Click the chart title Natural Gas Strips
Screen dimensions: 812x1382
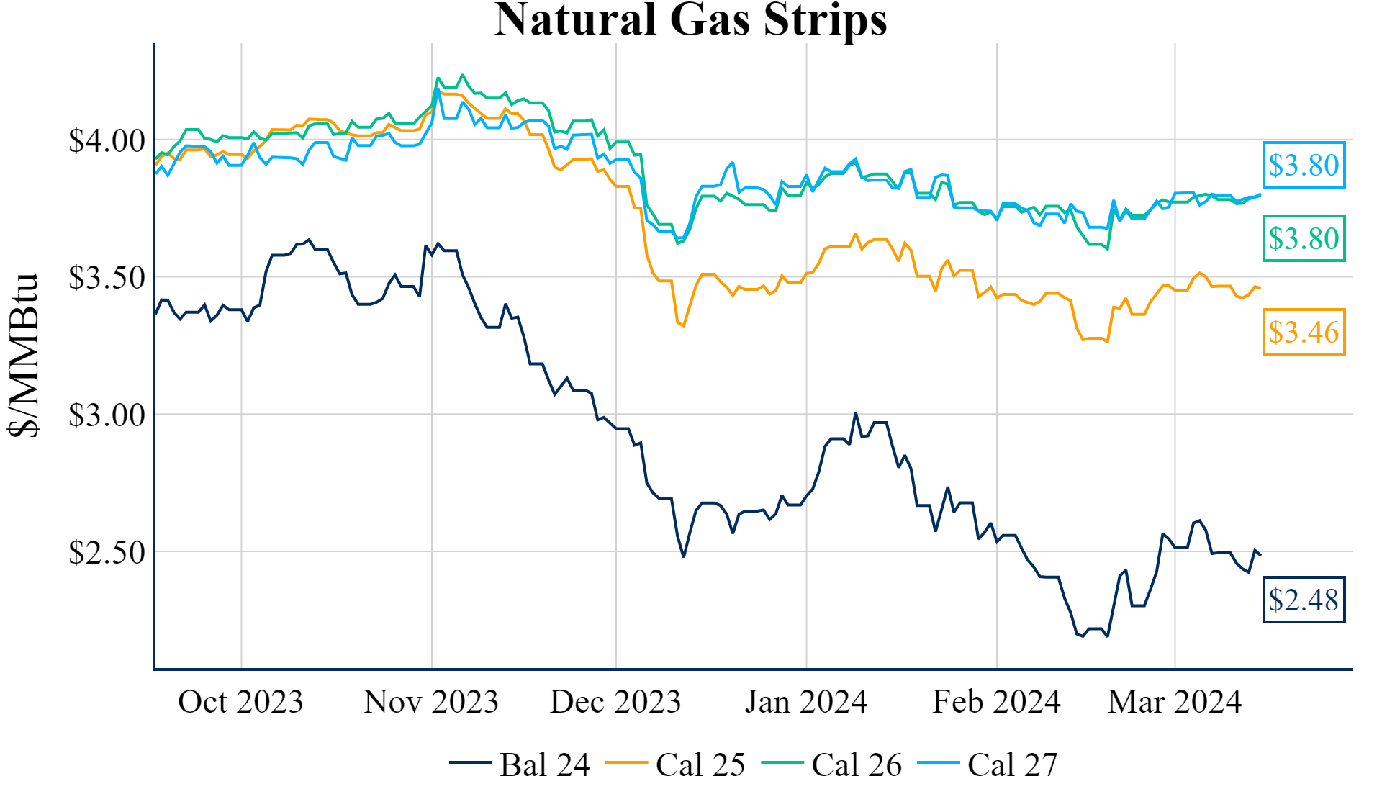tap(690, 19)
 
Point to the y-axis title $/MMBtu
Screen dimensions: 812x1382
tap(24, 355)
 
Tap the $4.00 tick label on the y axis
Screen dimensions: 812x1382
tap(107, 141)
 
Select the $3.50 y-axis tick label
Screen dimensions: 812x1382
tap(107, 278)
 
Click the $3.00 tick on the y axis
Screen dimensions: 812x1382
tap(107, 415)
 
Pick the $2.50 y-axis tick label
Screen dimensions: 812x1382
tap(107, 553)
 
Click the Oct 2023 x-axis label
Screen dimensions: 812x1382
tap(240, 702)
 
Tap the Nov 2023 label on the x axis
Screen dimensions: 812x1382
tap(430, 702)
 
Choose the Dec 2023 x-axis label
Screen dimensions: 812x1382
tap(615, 702)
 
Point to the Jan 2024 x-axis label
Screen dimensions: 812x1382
tap(806, 702)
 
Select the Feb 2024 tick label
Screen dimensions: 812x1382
tap(996, 702)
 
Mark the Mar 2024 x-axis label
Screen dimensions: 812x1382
tap(1175, 702)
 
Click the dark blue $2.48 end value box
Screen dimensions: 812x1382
tap(1304, 600)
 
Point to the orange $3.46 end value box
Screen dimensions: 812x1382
tap(1304, 332)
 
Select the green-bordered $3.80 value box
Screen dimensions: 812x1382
tap(1304, 238)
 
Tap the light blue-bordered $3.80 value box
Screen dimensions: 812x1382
tap(1304, 165)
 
